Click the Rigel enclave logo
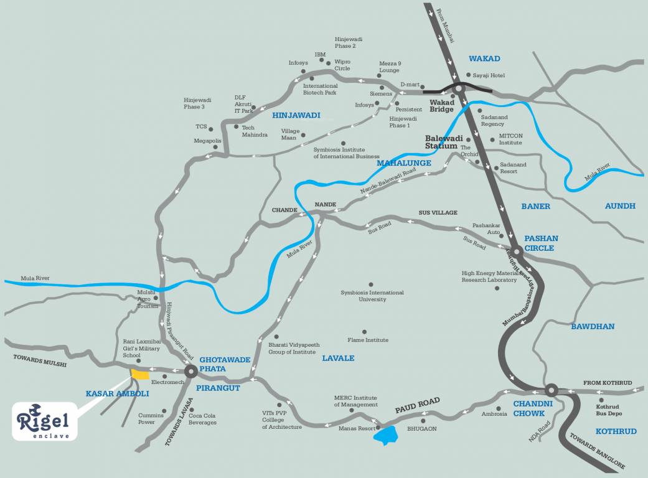45,421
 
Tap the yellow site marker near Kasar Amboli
139,374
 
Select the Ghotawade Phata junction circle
190,372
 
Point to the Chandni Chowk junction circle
550,390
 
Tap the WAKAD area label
484,59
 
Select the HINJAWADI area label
296,115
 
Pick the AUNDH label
620,206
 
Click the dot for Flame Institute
364,332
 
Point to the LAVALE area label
338,358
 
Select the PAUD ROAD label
417,405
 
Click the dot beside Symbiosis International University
371,284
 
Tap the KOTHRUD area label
616,431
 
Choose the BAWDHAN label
593,326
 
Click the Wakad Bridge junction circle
459,88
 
